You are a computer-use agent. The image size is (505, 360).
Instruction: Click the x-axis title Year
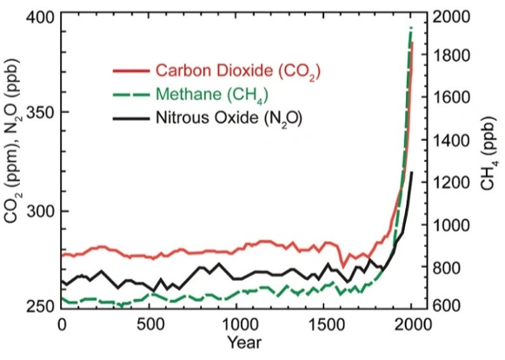click(237, 343)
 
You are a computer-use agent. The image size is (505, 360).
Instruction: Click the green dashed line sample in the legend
click(129, 93)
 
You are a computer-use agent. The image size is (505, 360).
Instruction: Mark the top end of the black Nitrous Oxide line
click(411, 173)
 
